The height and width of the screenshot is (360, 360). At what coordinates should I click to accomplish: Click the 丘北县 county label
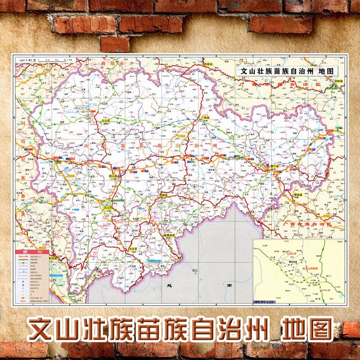click(x=106, y=121)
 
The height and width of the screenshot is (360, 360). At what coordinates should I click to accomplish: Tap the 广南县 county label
click(x=205, y=117)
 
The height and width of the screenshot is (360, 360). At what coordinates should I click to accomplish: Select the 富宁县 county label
click(x=275, y=167)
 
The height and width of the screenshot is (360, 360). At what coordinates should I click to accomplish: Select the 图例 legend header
click(x=32, y=252)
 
